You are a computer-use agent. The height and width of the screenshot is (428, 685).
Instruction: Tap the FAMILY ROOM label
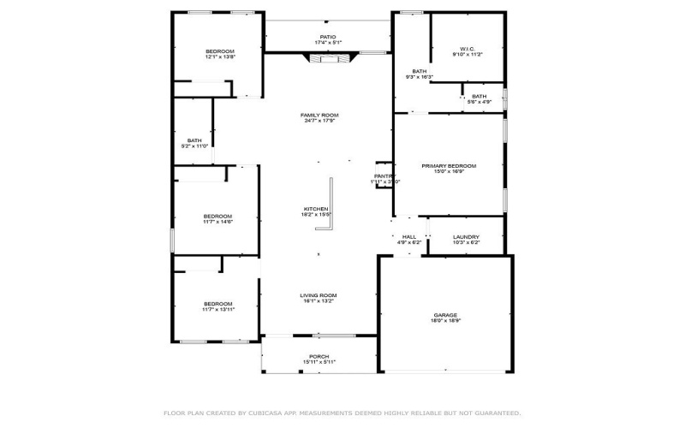319,115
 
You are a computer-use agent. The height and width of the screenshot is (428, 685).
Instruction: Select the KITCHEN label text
316,209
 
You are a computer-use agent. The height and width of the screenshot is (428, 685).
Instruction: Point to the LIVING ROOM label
318,294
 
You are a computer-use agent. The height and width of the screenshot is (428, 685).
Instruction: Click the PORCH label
319,356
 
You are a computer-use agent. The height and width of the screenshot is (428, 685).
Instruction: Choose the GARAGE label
445,316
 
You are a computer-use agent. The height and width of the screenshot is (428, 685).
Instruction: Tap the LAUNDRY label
466,237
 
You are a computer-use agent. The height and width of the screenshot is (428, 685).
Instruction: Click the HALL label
409,237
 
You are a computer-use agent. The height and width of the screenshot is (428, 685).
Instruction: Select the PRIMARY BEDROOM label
449,166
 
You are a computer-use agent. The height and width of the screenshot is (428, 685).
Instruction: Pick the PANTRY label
384,176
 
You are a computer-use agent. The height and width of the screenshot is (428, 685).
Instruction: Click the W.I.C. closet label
468,49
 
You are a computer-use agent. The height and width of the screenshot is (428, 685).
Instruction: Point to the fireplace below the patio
330,58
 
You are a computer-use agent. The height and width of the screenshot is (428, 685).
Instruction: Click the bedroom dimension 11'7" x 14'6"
217,222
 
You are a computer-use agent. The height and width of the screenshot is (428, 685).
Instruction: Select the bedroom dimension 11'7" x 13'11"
217,309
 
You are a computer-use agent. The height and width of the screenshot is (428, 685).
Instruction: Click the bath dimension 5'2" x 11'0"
194,146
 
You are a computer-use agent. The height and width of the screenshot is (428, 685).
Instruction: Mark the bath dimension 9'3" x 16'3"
420,77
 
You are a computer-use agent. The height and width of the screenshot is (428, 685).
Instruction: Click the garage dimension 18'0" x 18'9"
445,322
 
